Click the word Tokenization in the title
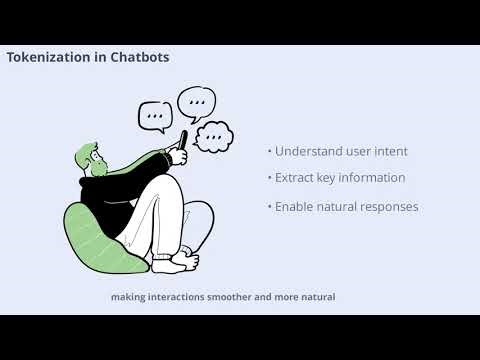pos(49,58)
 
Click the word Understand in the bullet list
pos(306,151)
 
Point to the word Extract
pos(297,178)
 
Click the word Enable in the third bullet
pos(296,207)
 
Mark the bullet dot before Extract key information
pos(269,178)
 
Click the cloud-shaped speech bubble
pos(213,136)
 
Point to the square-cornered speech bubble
pos(154,116)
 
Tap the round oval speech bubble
pos(196,101)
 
